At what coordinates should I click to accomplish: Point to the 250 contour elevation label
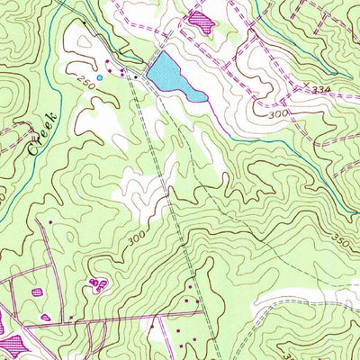85,82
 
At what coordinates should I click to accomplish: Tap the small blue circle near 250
100,77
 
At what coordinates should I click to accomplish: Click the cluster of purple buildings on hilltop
95,285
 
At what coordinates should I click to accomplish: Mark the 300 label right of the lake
280,116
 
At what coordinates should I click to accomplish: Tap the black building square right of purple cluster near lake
136,77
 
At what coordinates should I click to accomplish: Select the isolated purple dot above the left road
51,221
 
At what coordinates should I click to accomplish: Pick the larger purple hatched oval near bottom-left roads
37,292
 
